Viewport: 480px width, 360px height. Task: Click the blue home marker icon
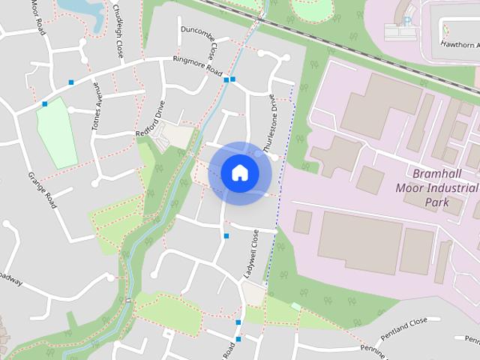(240, 173)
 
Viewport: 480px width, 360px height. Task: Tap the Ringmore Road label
(197, 66)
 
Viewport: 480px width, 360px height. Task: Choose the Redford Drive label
(149, 121)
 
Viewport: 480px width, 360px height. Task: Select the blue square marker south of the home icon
(226, 236)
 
